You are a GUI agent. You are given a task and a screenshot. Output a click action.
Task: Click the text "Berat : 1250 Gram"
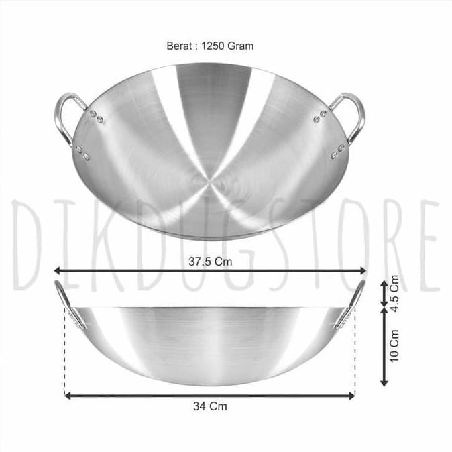point(209,46)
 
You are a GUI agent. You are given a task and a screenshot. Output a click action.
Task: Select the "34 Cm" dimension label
point(209,405)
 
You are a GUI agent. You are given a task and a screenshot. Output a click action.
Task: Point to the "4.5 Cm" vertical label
point(394,294)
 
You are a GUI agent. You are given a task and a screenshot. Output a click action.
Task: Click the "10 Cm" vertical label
point(394,345)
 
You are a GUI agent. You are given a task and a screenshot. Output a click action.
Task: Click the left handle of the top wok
point(67,117)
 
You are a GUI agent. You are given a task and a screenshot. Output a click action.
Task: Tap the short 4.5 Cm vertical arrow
point(384,294)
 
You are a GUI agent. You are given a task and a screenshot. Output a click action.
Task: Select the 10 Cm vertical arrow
point(384,346)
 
